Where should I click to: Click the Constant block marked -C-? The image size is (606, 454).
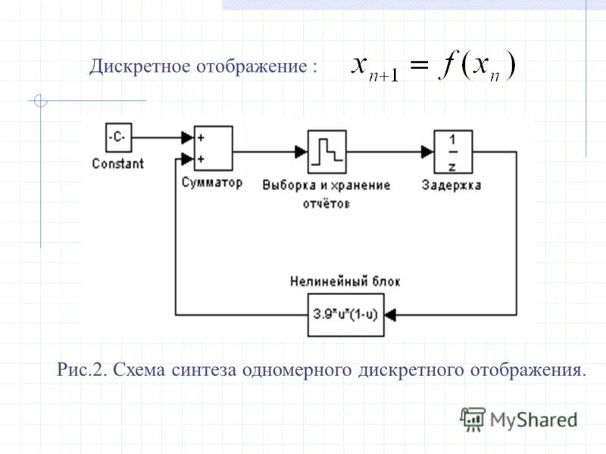pos(118,138)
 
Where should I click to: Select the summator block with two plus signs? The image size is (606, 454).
pos(213,148)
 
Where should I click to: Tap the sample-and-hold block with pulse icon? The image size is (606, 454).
pos(326,151)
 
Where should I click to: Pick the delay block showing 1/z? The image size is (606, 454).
pos(452,151)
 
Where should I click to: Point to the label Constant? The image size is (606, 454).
pos(117,163)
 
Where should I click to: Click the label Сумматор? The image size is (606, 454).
pos(212,183)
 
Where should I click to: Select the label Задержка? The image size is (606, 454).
pos(451,185)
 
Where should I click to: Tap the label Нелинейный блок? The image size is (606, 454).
pos(345,281)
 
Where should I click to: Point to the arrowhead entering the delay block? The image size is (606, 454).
pos(427,151)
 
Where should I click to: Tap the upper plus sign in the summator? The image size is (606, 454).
pos(201,138)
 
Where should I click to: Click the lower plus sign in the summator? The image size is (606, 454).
pos(201,159)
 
